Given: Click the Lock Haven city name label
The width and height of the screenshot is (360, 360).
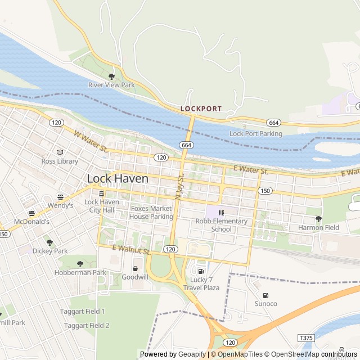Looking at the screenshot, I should (118, 178).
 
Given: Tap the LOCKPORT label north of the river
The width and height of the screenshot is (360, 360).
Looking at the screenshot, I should (201, 108).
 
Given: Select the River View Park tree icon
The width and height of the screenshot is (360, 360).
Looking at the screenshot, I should (111, 76).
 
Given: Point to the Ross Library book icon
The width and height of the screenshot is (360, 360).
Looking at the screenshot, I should (60, 152).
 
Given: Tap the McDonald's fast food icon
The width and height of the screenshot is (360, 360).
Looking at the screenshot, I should (31, 213).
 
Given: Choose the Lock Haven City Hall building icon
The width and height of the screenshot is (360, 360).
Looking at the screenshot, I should (101, 193).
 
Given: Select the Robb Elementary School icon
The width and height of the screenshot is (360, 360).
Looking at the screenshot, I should (221, 213).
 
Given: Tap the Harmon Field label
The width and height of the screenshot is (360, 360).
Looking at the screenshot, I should (318, 228).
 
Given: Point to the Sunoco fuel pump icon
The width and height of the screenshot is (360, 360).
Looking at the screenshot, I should (265, 295).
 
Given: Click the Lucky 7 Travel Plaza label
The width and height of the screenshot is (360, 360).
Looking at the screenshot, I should (201, 284).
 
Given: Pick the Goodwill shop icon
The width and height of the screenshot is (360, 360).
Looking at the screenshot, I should (135, 268).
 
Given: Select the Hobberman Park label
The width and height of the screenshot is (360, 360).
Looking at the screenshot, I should (80, 273).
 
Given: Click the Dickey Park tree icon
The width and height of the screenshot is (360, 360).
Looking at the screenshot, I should (49, 242).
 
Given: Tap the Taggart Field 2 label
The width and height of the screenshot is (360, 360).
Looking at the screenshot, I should (87, 325).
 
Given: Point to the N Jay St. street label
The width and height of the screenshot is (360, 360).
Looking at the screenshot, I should (179, 185).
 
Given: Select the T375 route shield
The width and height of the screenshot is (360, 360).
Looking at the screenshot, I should (305, 337).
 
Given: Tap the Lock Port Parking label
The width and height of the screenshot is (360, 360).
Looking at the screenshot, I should (256, 134).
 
